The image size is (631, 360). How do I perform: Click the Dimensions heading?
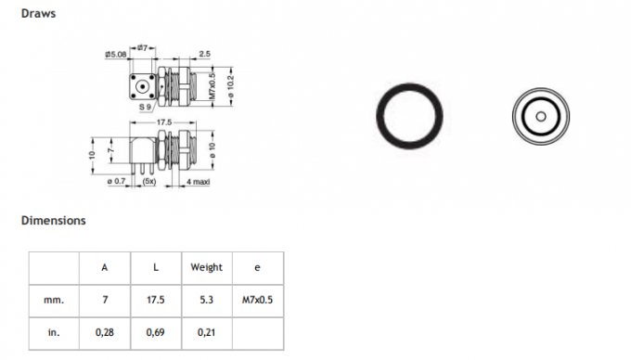coord(54,221)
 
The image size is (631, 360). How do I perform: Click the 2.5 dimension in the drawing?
coord(202,55)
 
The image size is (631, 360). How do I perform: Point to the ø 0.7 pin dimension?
coord(115,182)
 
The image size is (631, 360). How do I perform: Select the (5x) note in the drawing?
coord(148,182)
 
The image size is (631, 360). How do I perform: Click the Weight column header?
coord(206,267)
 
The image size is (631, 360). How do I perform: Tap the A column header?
coord(105,267)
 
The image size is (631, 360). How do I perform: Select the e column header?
coord(257,267)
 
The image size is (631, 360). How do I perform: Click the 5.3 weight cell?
coord(206,301)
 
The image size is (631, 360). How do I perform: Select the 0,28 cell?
coord(105,331)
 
